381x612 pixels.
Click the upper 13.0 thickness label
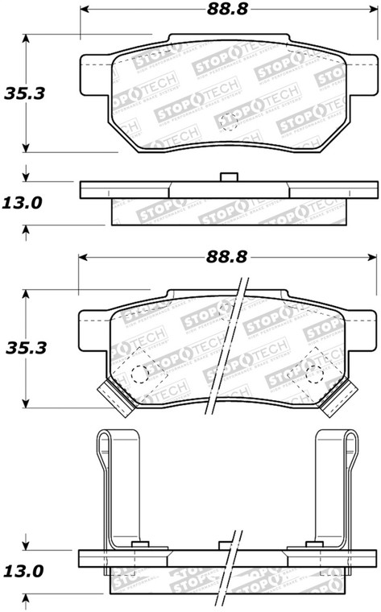point(23,203)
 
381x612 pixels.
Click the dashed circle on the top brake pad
point(229,123)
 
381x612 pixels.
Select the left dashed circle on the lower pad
point(140,374)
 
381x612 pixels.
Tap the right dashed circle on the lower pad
point(313,374)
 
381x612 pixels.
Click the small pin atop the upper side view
point(229,177)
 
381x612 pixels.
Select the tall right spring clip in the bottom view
point(337,483)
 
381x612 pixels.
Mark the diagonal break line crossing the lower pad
point(226,346)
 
